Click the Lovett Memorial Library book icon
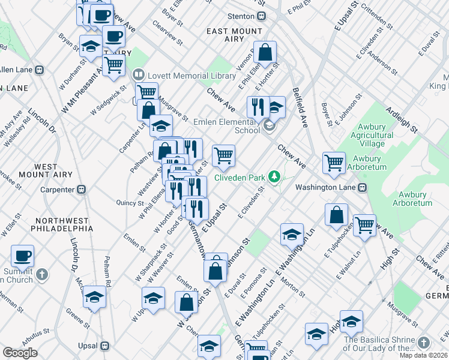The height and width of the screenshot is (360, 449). tap(139, 76)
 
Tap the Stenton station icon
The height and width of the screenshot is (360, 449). tap(261, 16)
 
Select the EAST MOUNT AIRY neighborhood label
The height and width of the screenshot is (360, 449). tap(234, 31)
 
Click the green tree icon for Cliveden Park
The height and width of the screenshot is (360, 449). tap(274, 176)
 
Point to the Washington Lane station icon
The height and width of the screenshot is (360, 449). tap(362, 187)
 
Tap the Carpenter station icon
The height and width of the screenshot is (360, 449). tap(82, 190)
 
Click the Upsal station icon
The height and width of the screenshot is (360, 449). tap(105, 346)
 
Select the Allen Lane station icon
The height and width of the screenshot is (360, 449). tap(40, 70)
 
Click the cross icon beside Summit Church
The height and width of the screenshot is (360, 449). tap(41, 275)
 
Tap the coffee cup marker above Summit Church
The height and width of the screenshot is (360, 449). tap(23, 257)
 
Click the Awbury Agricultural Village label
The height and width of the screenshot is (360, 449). tap(384, 135)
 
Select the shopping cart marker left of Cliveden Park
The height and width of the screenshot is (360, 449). tap(223, 156)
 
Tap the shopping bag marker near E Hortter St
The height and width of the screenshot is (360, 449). tap(264, 53)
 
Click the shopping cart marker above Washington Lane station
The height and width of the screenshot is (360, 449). tap(334, 162)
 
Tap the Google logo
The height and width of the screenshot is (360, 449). tap(20, 353)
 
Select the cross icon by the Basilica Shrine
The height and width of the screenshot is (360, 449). tap(424, 342)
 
